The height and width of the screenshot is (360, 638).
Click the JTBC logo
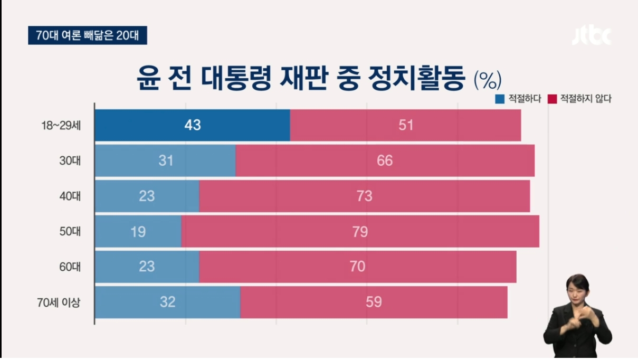coord(591,36)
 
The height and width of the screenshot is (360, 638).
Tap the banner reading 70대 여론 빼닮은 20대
coord(87,35)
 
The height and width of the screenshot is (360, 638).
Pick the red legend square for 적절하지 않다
coord(553,99)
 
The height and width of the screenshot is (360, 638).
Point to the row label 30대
coord(70,160)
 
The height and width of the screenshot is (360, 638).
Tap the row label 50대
coord(70,231)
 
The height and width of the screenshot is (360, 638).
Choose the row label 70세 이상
coord(59,302)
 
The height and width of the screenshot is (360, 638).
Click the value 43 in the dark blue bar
coord(193,126)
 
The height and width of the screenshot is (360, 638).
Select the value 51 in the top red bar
coord(406,126)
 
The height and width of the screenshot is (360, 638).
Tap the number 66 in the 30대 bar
coord(385,160)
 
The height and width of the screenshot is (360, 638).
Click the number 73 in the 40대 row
coord(364,196)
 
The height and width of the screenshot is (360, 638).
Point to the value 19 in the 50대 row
coord(138,232)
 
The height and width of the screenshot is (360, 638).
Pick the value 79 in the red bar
coord(360,232)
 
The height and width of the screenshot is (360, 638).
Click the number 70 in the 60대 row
coord(357,267)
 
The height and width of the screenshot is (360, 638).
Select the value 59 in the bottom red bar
coord(374,302)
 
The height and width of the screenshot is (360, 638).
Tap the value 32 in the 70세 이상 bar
coord(167,302)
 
